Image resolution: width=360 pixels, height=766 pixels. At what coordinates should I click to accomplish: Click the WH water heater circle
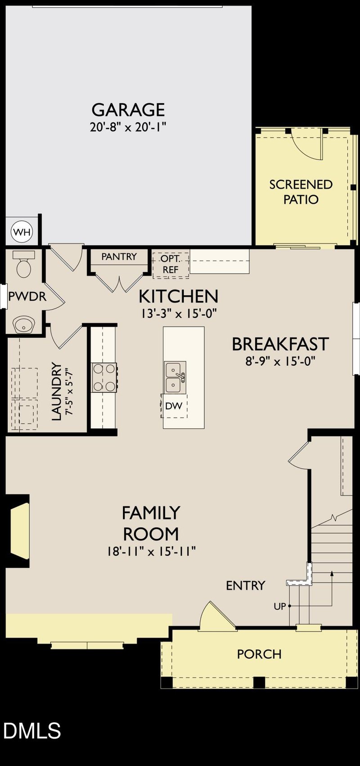click(x=22, y=232)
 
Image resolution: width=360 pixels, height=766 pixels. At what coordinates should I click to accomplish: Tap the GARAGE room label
click(x=128, y=110)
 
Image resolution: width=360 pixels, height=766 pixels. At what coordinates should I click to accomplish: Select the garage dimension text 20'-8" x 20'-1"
click(x=128, y=127)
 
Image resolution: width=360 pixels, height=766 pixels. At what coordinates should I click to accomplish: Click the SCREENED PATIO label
click(x=301, y=192)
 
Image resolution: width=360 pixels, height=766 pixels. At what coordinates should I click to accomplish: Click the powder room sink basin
click(x=24, y=324)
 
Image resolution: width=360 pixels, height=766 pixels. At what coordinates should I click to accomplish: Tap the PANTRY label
click(x=119, y=257)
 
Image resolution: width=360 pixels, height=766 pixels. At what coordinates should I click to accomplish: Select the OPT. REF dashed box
click(x=171, y=265)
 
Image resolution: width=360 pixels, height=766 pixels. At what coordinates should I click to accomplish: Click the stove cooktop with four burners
click(x=104, y=377)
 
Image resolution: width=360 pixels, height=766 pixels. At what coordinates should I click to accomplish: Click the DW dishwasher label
click(x=174, y=406)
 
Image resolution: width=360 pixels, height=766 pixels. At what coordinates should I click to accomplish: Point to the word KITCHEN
click(x=178, y=297)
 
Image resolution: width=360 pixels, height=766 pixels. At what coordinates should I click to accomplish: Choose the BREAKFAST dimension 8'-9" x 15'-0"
click(x=280, y=361)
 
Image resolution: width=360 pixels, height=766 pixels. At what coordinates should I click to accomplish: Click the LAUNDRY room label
click(x=56, y=392)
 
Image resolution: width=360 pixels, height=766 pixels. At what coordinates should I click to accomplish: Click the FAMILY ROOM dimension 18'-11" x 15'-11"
click(x=151, y=551)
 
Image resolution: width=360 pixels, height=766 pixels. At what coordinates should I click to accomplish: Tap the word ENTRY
click(x=245, y=586)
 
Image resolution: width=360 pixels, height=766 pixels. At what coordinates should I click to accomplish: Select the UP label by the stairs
click(x=279, y=606)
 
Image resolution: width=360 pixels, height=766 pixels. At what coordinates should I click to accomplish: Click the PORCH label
click(x=259, y=654)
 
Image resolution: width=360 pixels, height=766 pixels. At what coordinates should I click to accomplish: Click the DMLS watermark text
click(x=31, y=731)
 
